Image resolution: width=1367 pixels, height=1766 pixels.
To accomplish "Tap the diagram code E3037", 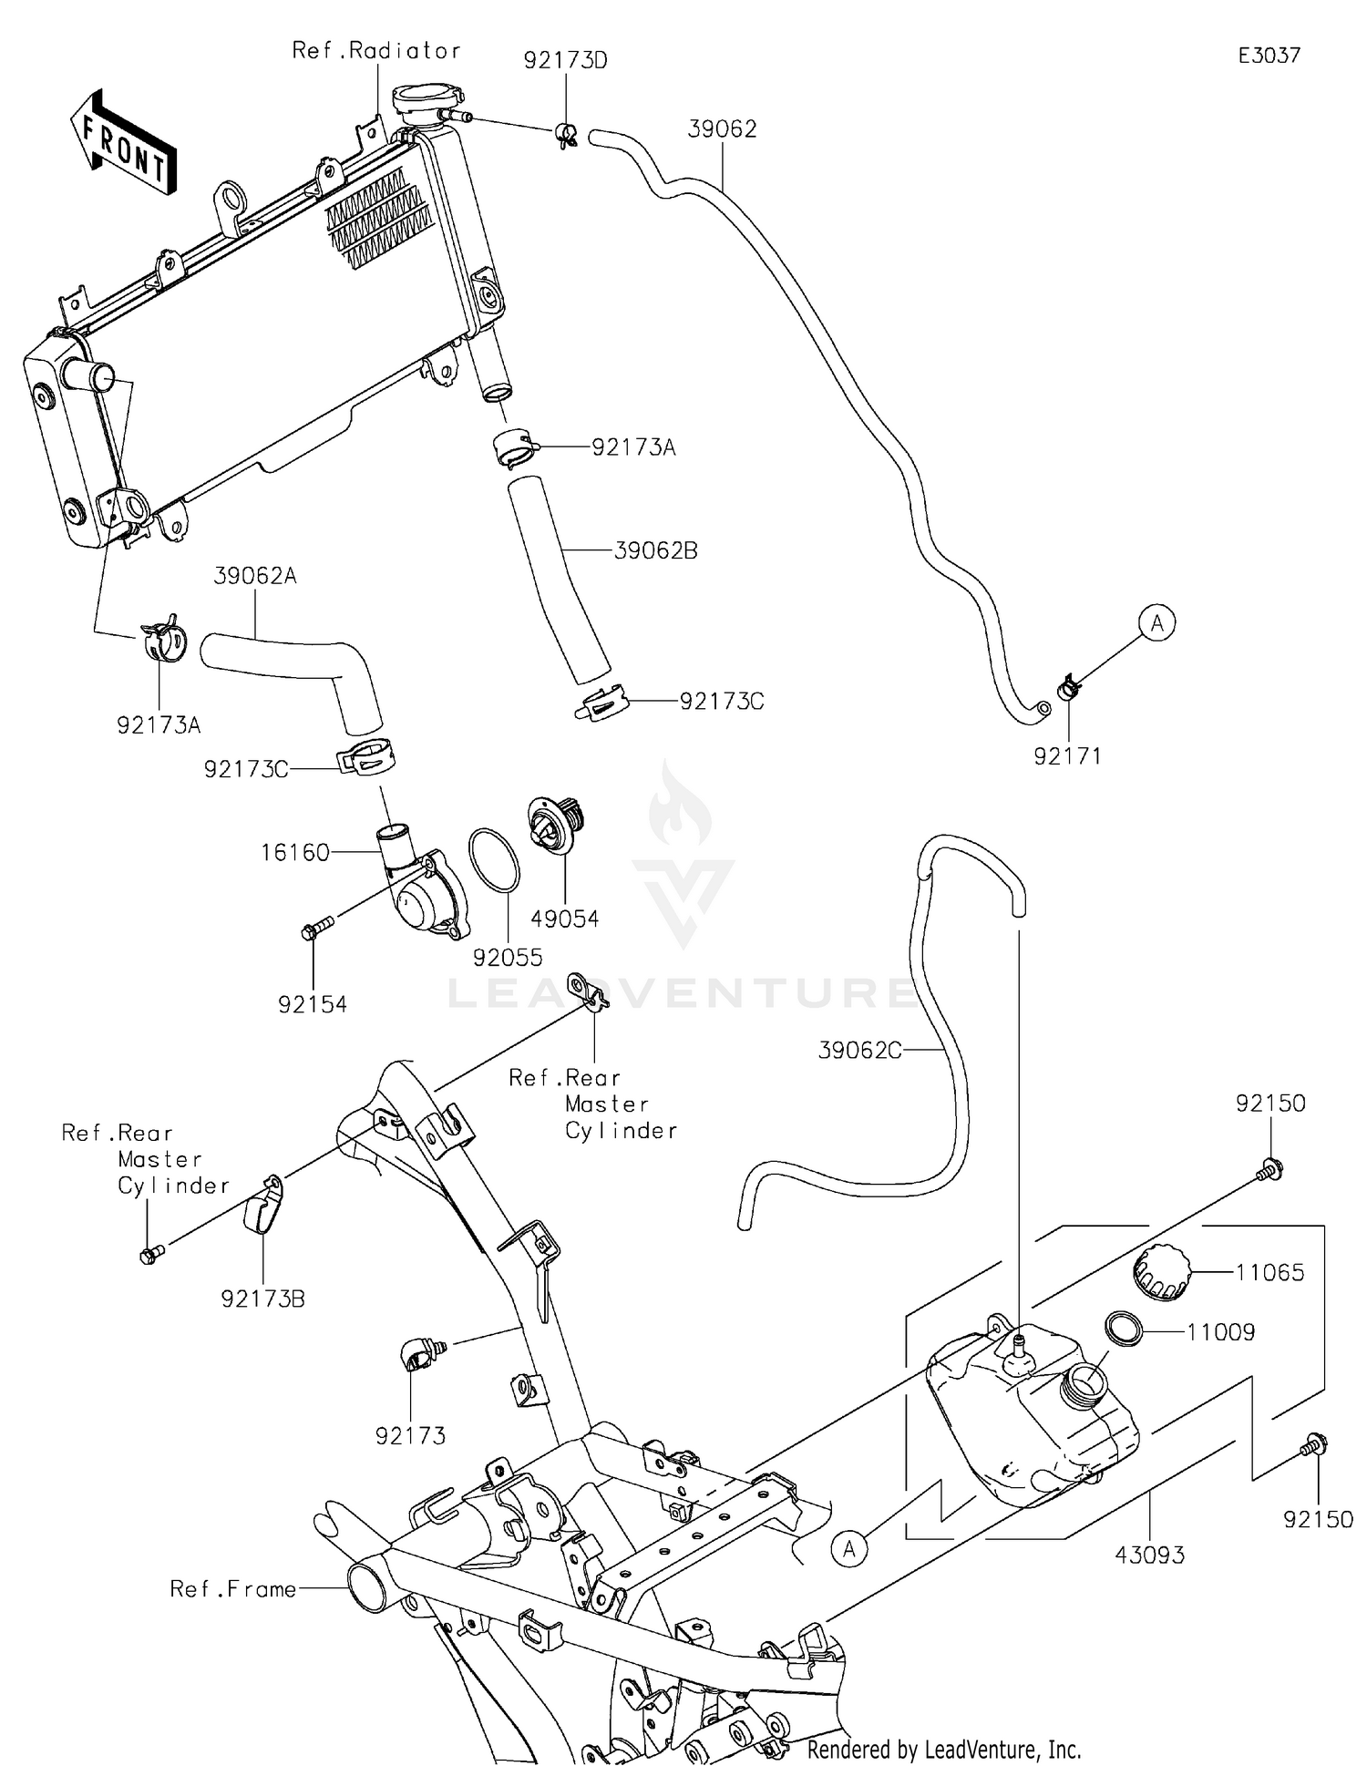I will [1269, 56].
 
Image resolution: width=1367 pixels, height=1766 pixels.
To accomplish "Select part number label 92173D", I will [565, 61].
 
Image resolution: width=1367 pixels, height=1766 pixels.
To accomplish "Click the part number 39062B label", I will [655, 550].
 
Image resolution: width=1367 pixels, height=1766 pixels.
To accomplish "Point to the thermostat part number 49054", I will [565, 919].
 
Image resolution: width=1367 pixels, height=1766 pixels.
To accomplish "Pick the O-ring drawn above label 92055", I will [494, 859].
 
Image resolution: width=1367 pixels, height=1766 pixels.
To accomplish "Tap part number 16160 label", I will [295, 853].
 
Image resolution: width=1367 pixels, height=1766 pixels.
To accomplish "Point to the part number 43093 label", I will [1150, 1555].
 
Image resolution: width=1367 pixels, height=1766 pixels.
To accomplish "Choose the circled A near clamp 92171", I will [1157, 623].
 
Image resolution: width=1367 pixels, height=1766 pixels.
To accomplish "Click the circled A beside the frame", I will [849, 1548].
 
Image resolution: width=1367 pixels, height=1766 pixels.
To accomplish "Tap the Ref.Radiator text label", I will [376, 50].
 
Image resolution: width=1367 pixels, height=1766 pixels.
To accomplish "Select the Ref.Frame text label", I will [233, 1589].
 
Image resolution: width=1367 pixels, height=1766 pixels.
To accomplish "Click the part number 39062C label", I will [859, 1051].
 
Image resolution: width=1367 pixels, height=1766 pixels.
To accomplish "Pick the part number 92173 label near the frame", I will [410, 1436].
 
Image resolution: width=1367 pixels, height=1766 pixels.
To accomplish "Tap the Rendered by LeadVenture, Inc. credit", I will [944, 1750].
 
